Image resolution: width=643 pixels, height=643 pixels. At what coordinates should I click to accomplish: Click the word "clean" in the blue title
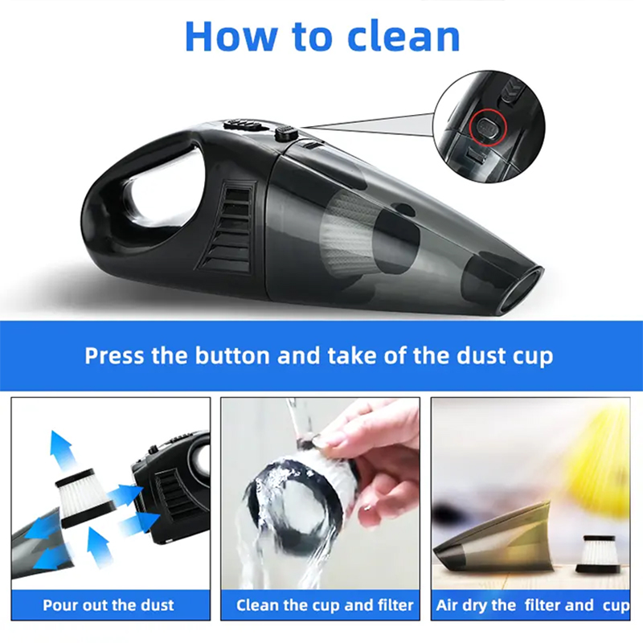click(403, 36)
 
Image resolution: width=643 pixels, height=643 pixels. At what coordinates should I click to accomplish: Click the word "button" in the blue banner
click(232, 355)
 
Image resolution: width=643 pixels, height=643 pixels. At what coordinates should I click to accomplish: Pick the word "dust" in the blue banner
click(481, 355)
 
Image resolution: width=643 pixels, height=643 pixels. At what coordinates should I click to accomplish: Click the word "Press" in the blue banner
click(114, 355)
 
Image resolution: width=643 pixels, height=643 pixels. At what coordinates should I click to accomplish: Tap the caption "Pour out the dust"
click(109, 605)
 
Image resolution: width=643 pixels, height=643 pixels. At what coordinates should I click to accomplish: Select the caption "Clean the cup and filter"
click(325, 605)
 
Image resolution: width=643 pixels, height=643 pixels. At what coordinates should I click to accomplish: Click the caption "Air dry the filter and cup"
click(532, 605)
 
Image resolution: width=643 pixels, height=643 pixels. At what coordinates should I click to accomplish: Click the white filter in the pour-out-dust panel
click(85, 498)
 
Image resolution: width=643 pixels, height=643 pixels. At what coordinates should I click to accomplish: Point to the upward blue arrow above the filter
click(63, 450)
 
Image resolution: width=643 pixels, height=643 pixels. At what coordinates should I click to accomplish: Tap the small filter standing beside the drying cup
click(596, 554)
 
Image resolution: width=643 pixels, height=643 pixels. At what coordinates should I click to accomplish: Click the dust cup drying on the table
click(493, 536)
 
